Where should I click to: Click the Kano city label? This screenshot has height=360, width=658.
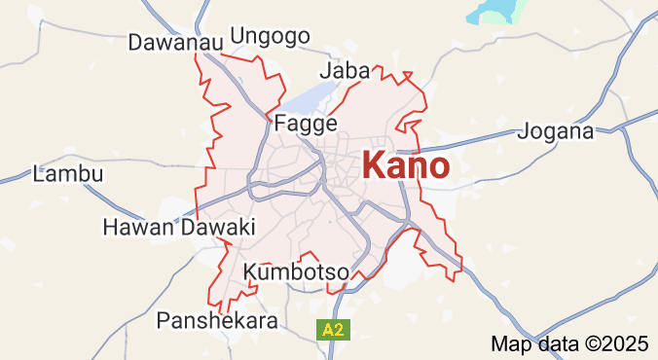pyautogui.click(x=406, y=165)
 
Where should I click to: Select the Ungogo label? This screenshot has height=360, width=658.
pyautogui.click(x=270, y=36)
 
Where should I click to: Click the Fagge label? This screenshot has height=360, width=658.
pyautogui.click(x=306, y=124)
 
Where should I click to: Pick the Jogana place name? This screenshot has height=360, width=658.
pyautogui.click(x=558, y=130)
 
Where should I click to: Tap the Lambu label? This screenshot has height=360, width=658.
pyautogui.click(x=68, y=174)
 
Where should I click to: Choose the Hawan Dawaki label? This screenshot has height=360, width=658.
pyautogui.click(x=178, y=227)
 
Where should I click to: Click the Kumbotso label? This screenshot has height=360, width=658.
pyautogui.click(x=296, y=272)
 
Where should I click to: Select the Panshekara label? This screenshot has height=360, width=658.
pyautogui.click(x=217, y=319)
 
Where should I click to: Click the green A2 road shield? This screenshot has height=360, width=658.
pyautogui.click(x=332, y=330)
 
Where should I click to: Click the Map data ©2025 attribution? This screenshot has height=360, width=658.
pyautogui.click(x=568, y=343)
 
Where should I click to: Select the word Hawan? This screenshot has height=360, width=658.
pyautogui.click(x=136, y=227)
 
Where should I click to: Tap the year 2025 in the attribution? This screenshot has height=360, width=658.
pyautogui.click(x=626, y=343)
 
